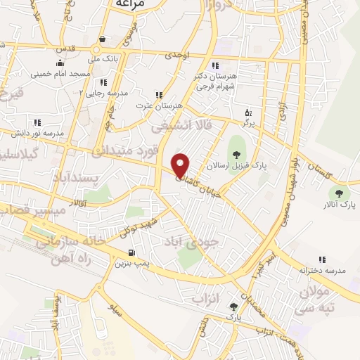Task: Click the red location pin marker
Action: click(181, 165)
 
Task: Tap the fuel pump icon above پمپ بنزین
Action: click(131, 253)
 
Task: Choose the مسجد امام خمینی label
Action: click(60, 73)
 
